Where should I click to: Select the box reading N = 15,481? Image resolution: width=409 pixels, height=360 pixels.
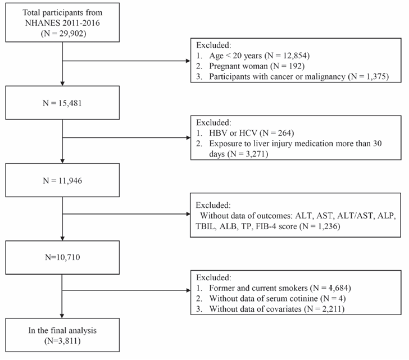click(x=62, y=103)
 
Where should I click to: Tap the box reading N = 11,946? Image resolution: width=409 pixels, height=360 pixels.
click(x=62, y=180)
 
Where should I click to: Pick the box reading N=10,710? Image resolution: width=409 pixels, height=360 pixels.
click(x=62, y=257)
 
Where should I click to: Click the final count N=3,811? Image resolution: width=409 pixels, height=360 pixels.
click(x=62, y=341)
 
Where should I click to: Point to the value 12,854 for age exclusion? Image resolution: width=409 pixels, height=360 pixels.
click(x=295, y=56)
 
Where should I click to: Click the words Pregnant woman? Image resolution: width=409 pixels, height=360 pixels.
click(x=238, y=66)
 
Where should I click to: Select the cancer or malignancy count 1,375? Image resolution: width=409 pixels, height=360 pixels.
click(x=376, y=76)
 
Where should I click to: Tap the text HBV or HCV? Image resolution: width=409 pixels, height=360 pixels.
click(x=233, y=133)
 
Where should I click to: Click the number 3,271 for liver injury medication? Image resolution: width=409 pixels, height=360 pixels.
click(x=256, y=154)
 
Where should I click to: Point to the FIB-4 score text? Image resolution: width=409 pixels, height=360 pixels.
click(x=276, y=226)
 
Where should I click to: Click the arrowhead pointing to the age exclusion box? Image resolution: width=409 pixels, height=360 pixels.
click(x=188, y=61)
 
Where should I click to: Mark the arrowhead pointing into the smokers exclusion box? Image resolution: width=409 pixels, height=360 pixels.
click(x=188, y=290)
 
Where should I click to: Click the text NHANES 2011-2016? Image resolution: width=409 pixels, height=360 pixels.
click(x=62, y=23)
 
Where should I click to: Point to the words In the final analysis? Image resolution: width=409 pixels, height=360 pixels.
click(x=62, y=330)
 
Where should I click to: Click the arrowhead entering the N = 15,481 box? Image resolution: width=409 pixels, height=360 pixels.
click(x=62, y=84)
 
